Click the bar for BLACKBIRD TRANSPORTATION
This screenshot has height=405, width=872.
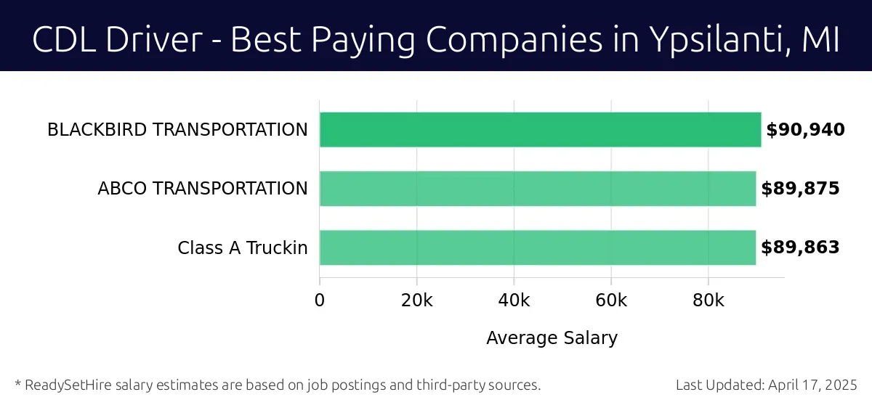point(540,130)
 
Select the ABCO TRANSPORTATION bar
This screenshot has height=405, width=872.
point(538,189)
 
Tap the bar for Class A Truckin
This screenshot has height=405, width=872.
point(538,247)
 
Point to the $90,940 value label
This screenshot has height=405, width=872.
point(805,130)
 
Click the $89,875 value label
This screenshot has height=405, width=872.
point(800,189)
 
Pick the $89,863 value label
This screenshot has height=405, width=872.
point(800,247)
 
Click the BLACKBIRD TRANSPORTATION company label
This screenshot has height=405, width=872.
point(177,130)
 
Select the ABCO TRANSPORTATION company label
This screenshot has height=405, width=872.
point(203,189)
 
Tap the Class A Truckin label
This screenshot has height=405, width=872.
point(243,248)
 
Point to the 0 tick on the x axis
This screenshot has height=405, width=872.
point(320,300)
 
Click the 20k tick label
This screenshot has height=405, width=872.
point(417,300)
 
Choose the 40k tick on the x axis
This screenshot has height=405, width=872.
point(514,300)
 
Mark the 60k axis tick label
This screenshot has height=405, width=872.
point(611,300)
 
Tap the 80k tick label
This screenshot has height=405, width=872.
point(708,300)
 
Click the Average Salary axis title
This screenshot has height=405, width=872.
point(552,337)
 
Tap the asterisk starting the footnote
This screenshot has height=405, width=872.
point(17,383)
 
